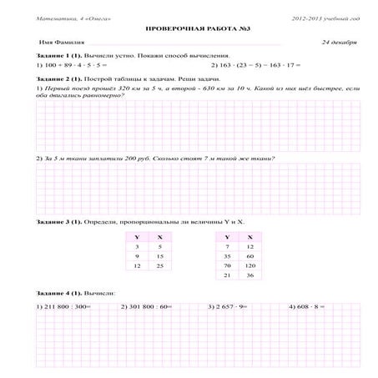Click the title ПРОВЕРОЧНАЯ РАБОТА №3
[x=189, y=28]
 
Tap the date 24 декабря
[x=340, y=41]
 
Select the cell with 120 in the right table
[x=249, y=265]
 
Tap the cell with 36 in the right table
[x=249, y=275]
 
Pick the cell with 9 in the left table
[x=137, y=256]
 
